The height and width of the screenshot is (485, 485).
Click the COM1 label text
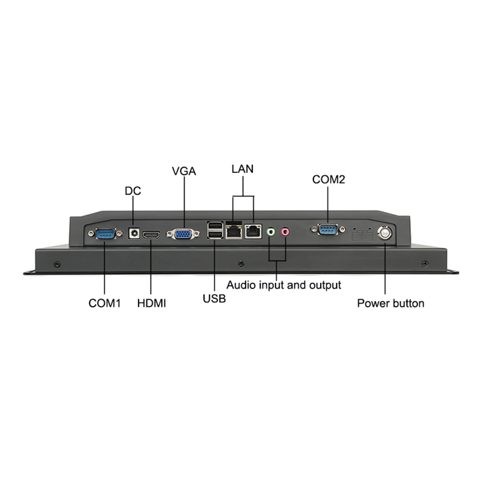pyautogui.click(x=104, y=303)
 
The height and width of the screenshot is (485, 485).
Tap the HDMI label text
pyautogui.click(x=151, y=303)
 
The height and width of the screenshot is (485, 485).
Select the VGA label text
pyautogui.click(x=184, y=171)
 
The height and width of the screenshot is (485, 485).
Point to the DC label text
pyautogui.click(x=133, y=191)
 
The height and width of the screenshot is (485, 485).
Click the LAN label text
pyautogui.click(x=242, y=169)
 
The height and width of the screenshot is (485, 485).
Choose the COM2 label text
pyautogui.click(x=329, y=179)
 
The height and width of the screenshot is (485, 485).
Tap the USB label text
pyautogui.click(x=214, y=298)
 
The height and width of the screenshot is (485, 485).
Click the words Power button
pyautogui.click(x=391, y=303)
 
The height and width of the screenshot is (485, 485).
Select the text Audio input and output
pyautogui.click(x=284, y=285)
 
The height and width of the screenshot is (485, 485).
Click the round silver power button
pyautogui.click(x=385, y=232)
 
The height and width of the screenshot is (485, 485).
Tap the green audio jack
pyautogui.click(x=270, y=232)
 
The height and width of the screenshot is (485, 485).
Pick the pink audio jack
pyautogui.click(x=285, y=232)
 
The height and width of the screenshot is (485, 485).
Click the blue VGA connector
pyautogui.click(x=183, y=234)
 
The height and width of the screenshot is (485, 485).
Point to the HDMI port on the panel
pyautogui.click(x=151, y=235)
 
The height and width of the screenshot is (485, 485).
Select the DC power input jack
pyautogui.click(x=134, y=233)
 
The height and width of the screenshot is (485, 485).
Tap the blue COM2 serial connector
pyautogui.click(x=329, y=230)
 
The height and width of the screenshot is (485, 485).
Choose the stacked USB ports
pyautogui.click(x=215, y=230)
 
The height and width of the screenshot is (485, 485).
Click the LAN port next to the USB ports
pyautogui.click(x=234, y=231)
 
